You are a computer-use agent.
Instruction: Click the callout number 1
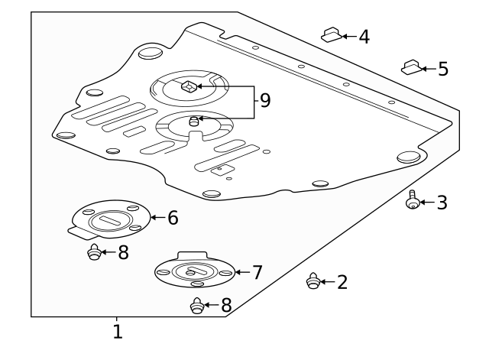[117, 332]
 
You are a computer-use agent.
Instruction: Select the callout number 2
[342, 283]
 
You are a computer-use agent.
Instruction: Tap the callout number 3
[442, 203]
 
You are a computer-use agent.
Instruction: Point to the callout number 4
[364, 36]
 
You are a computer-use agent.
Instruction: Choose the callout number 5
[443, 70]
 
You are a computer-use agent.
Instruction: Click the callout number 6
[173, 218]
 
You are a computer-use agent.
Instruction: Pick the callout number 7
[257, 272]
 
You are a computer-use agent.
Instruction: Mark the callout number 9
[264, 101]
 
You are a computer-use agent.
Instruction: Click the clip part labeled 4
[330, 35]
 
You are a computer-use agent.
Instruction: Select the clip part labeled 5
[411, 68]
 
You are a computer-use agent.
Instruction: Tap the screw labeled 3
[413, 200]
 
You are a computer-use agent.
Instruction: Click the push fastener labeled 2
[312, 282]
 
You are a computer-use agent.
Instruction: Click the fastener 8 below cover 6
[94, 252]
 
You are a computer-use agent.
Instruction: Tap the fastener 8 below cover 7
[196, 306]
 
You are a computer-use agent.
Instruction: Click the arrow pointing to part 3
[426, 203]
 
